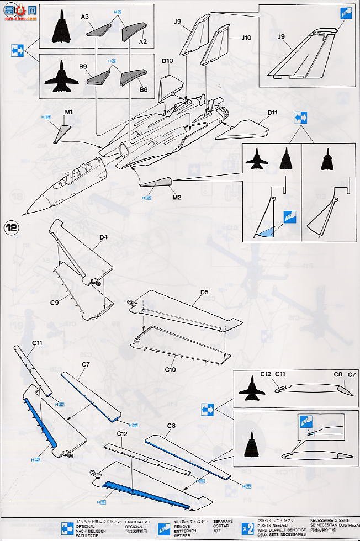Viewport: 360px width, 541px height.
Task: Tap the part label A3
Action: coord(85,18)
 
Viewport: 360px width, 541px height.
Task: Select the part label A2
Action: coord(143,42)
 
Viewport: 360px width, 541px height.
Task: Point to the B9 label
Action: coord(83,66)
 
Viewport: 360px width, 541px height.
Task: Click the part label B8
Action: coord(144,89)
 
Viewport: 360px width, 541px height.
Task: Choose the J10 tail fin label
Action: coord(246,38)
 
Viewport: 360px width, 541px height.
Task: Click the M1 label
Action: coord(69,112)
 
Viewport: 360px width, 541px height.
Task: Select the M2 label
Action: coord(177,197)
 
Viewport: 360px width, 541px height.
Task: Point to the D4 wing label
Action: coord(103,237)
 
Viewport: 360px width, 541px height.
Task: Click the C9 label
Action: coord(55,303)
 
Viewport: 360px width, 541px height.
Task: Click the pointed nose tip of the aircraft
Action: coord(24,214)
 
